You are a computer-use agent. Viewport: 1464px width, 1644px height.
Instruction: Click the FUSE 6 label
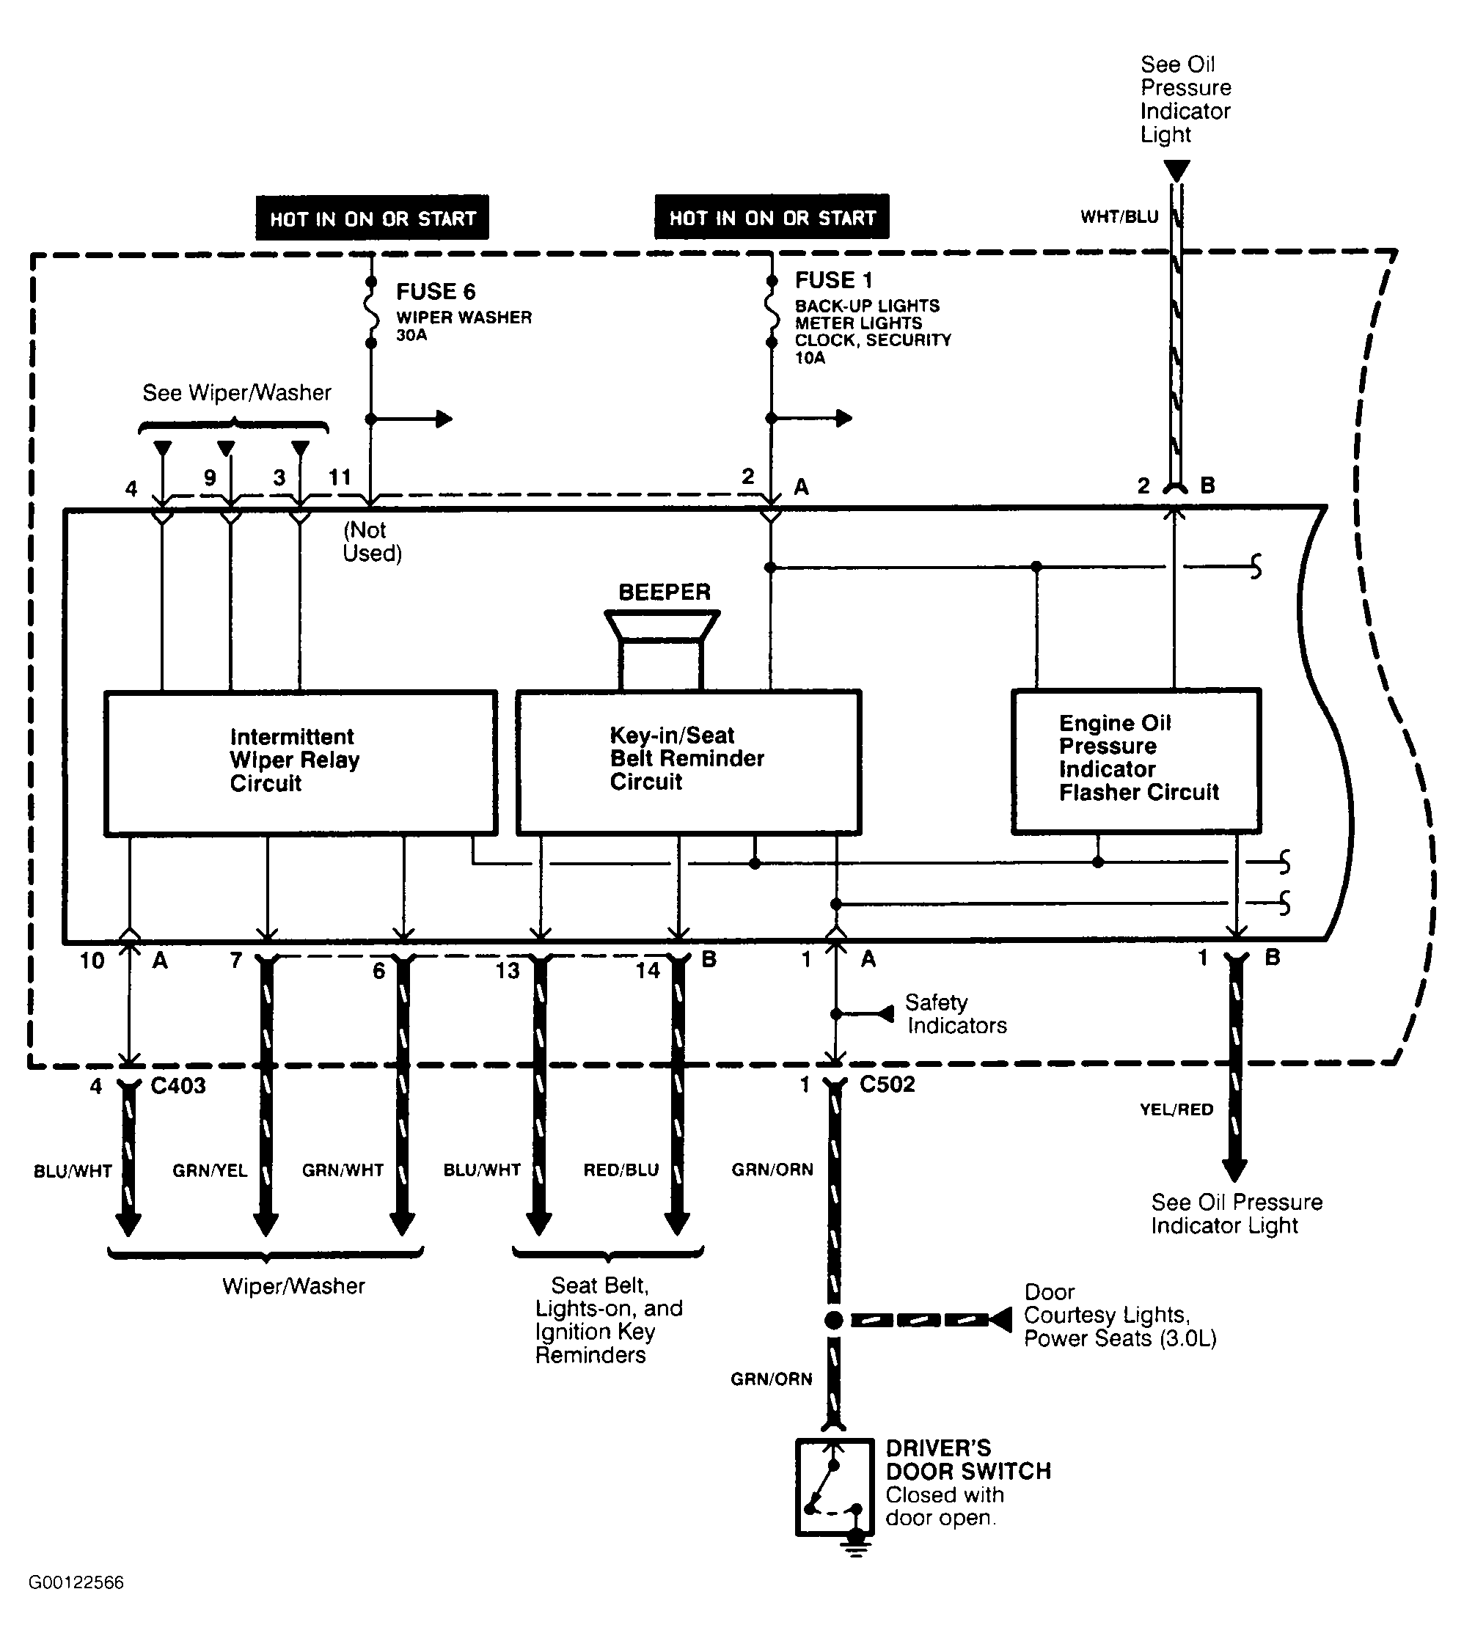[x=435, y=291]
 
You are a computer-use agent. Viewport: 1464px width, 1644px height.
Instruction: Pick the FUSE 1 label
[x=833, y=280]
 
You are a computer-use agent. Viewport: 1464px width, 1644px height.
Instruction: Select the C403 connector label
[x=178, y=1086]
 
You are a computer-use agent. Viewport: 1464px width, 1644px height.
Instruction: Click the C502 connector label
[x=887, y=1085]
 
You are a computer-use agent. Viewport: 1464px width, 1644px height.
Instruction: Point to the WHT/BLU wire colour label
[x=1119, y=216]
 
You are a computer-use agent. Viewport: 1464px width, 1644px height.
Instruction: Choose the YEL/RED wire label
[x=1176, y=1110]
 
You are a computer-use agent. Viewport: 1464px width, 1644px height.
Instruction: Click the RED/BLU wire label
[x=621, y=1170]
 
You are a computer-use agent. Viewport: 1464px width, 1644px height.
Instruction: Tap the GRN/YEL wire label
[x=210, y=1170]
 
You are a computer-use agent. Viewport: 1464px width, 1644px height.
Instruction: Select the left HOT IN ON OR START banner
[x=373, y=217]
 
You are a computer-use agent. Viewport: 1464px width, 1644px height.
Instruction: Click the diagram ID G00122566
[x=76, y=1583]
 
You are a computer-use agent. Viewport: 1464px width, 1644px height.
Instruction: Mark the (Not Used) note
[x=373, y=541]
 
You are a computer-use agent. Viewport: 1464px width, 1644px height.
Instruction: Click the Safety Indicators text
[x=956, y=1014]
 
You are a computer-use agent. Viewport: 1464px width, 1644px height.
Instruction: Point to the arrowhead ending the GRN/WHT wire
[x=402, y=1224]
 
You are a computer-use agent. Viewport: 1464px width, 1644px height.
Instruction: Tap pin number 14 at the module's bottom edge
[x=648, y=971]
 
